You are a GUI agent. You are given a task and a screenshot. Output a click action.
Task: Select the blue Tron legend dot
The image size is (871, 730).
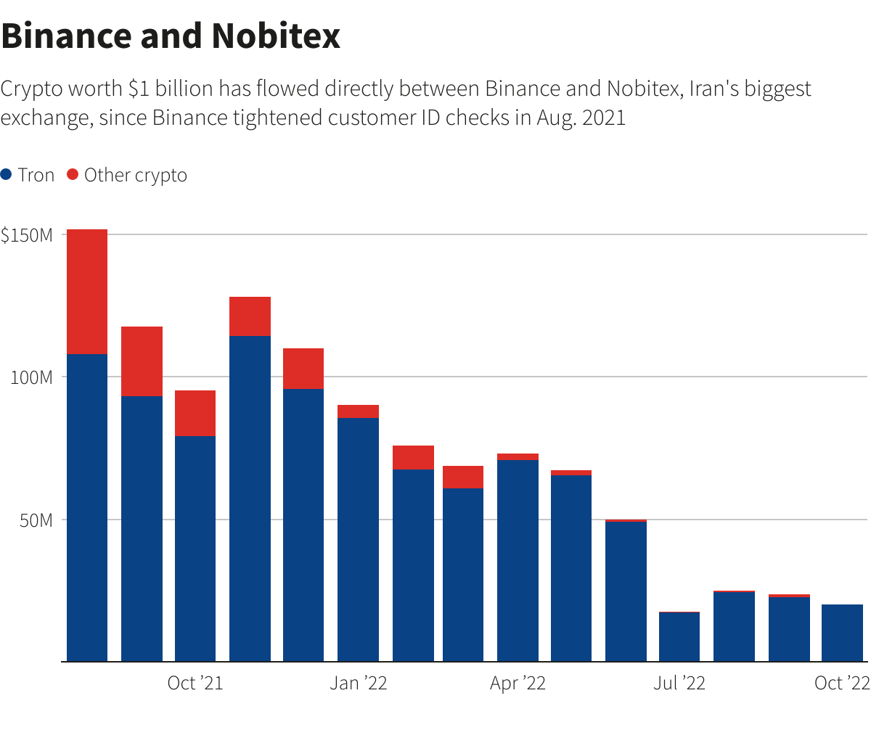point(7,175)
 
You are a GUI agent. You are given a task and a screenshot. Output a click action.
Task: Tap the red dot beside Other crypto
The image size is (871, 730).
point(72,175)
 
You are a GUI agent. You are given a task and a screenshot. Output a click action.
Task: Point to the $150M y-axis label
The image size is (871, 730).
point(28,235)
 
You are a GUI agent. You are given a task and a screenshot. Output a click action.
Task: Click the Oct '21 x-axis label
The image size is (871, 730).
point(195,684)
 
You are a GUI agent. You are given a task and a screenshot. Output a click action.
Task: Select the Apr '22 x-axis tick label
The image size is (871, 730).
point(518,684)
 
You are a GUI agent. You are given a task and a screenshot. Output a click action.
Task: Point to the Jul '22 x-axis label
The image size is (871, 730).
point(679,684)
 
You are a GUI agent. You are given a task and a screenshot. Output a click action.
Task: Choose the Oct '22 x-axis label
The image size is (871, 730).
point(841,684)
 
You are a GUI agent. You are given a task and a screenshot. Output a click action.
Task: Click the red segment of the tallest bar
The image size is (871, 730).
point(87,291)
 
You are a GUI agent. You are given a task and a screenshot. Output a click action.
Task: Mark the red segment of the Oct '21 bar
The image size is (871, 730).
point(195,413)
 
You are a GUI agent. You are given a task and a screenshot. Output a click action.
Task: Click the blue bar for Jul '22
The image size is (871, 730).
point(679,636)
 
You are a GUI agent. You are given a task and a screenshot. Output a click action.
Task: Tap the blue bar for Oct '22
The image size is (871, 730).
point(842,633)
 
